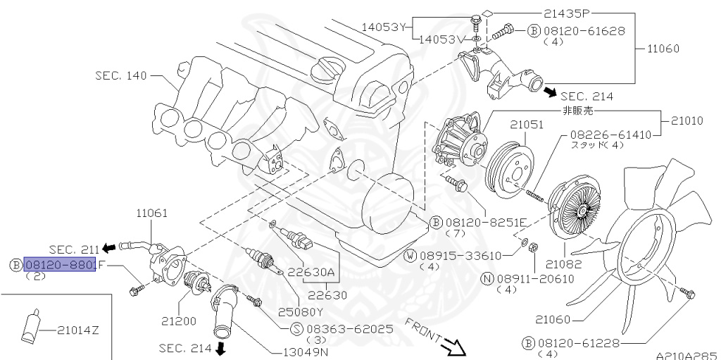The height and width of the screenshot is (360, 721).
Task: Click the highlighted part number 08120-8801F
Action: pos(60,265)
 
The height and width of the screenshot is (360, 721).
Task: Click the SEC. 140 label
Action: pos(121,75)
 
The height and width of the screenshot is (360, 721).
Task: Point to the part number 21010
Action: pos(686,120)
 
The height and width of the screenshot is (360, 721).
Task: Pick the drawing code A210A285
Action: pos(686,355)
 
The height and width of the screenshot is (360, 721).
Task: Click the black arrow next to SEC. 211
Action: pos(108,247)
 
